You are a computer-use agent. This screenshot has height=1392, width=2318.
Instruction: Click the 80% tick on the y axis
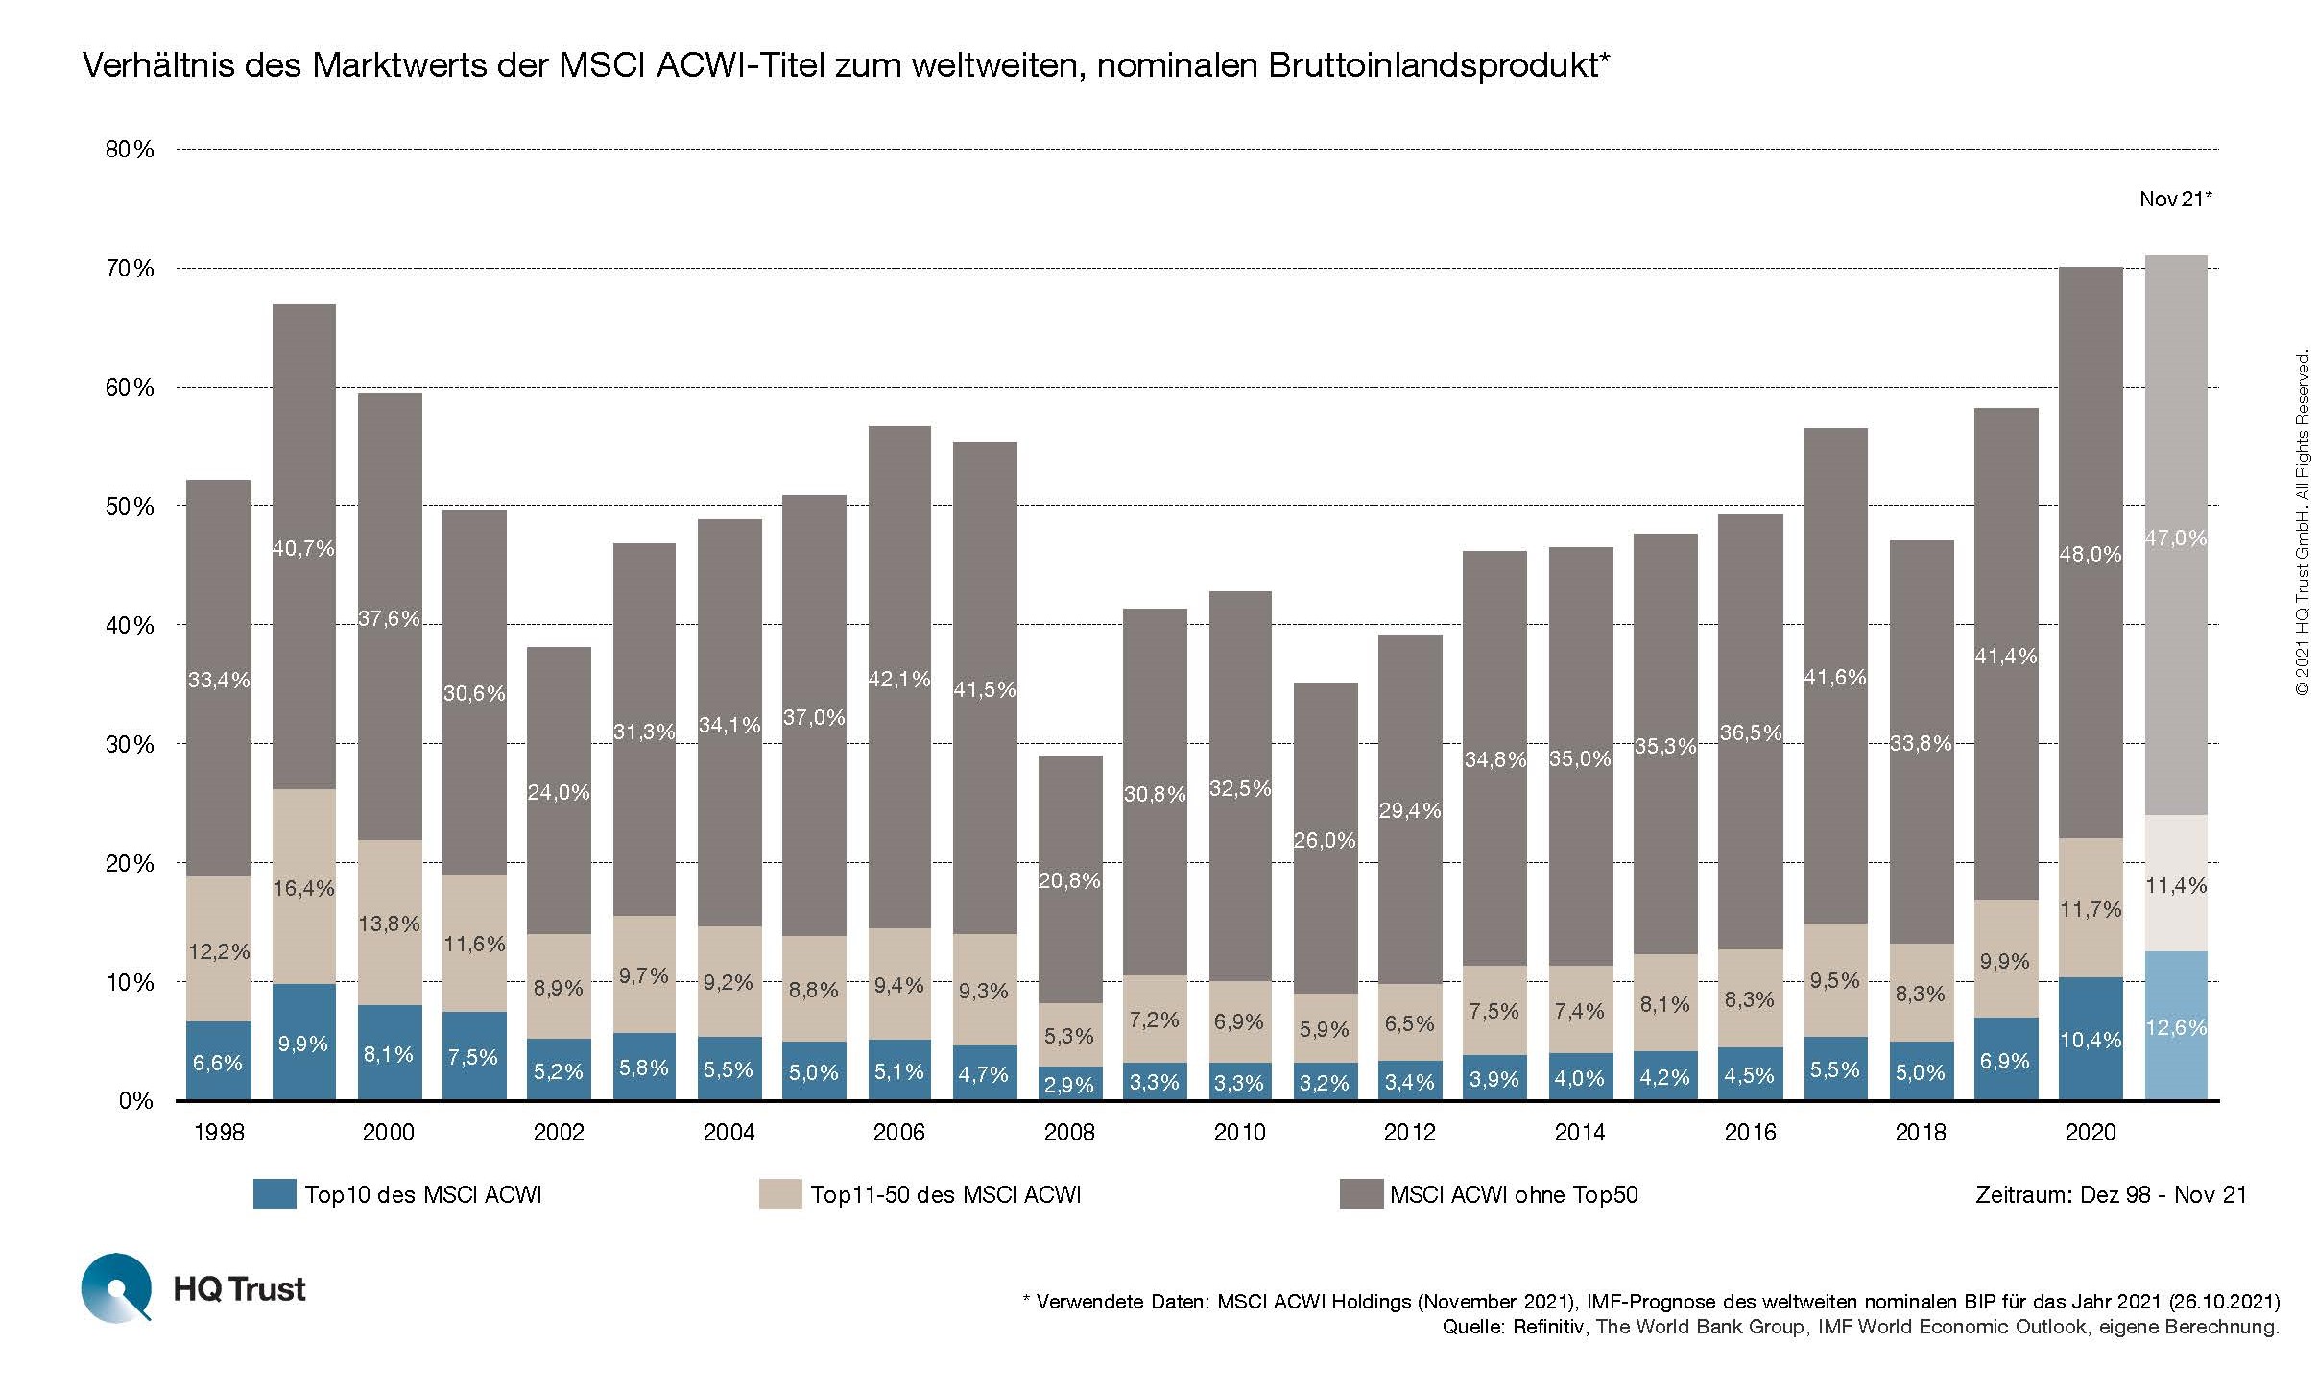(130, 150)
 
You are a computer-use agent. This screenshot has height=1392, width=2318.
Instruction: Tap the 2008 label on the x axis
(1069, 1133)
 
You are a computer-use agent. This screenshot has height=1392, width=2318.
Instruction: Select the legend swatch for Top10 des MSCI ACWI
(274, 1194)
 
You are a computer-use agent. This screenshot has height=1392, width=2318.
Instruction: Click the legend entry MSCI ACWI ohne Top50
(1513, 1195)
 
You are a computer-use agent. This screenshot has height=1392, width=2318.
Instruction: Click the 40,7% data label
(303, 549)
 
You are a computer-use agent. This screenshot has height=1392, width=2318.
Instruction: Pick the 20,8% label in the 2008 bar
(1069, 880)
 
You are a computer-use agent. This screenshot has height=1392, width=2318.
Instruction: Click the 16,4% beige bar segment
(303, 888)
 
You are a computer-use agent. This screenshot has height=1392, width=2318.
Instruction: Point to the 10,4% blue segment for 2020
(2091, 1039)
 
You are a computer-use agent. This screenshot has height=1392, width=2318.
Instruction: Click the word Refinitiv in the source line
(1547, 1328)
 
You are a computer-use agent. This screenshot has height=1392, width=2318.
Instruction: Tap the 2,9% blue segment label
(1069, 1085)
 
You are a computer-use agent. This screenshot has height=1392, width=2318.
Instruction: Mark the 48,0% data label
(2091, 554)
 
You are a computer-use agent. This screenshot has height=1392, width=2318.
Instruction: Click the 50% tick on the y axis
(130, 507)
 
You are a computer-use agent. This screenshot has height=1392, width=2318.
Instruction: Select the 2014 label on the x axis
(1580, 1133)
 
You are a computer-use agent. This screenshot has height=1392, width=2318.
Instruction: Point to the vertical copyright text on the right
(2302, 524)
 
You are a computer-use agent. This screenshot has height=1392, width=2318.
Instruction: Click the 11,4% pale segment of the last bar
(2176, 885)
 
